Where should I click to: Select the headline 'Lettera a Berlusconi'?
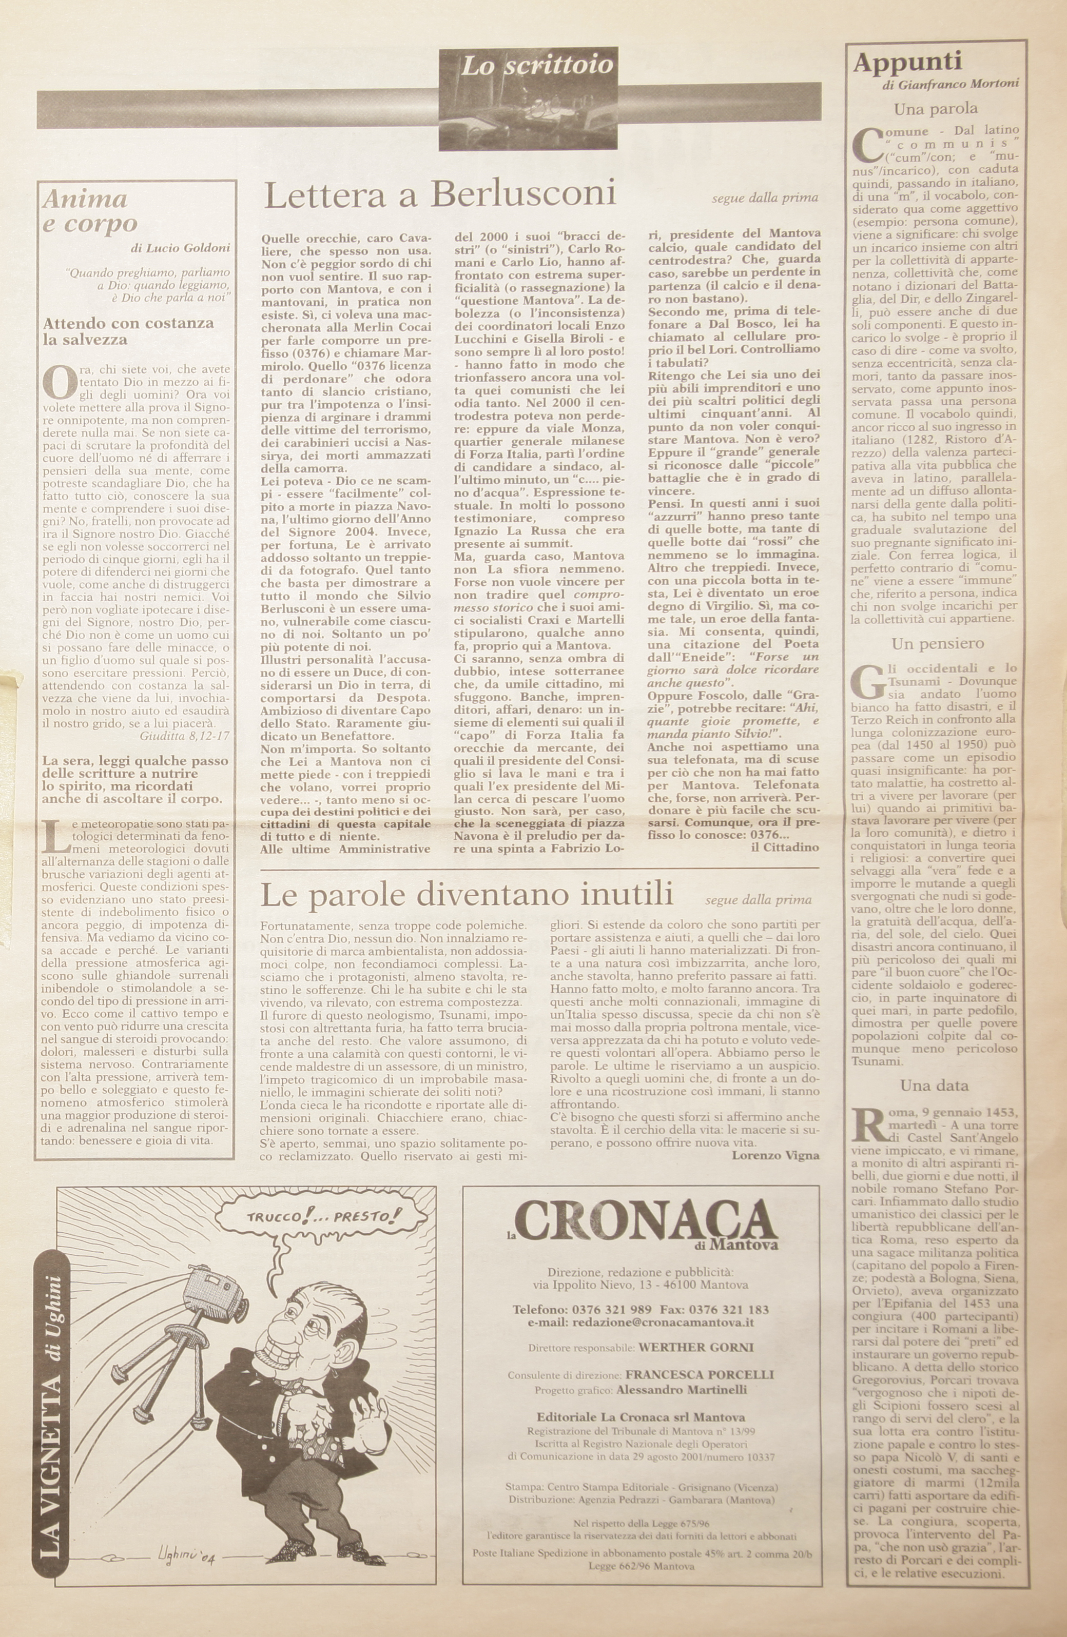[x=440, y=195]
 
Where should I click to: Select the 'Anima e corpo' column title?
[x=89, y=210]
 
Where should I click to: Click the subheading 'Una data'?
[x=934, y=1086]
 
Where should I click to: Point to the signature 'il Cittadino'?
[x=784, y=847]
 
